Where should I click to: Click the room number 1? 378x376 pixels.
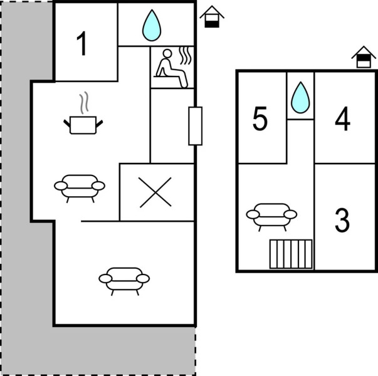[x=82, y=44]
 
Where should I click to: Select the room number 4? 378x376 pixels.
[x=342, y=120]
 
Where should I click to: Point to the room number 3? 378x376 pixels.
[x=342, y=220]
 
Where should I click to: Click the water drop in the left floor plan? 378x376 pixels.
[x=150, y=26]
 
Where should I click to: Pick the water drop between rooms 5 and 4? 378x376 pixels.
[x=301, y=98]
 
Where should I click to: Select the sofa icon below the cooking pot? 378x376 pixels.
[x=80, y=186]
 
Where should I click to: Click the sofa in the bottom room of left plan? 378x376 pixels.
[x=125, y=279]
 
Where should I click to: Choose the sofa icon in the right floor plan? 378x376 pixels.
[x=271, y=215]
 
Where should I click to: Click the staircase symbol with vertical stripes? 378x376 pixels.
[x=291, y=254]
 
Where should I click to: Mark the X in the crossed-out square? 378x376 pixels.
[x=155, y=192]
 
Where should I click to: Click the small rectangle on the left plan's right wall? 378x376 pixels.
[x=196, y=126]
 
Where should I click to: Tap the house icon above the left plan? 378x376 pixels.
[x=212, y=18]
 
